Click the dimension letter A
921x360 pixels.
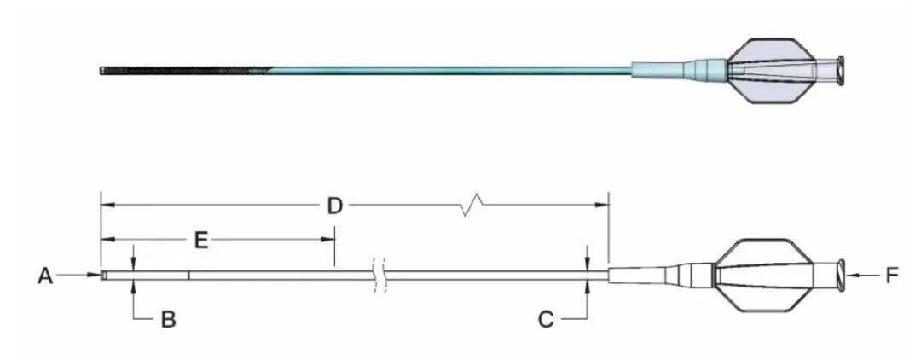pyautogui.click(x=44, y=276)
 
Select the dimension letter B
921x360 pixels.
pyautogui.click(x=169, y=319)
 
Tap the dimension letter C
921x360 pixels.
pyautogui.click(x=546, y=319)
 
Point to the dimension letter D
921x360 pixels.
pyautogui.click(x=334, y=206)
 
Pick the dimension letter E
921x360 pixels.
pyautogui.click(x=201, y=241)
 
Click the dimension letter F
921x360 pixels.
pyautogui.click(x=892, y=276)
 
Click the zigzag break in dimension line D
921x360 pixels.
pyautogui.click(x=472, y=206)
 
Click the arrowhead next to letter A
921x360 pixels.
pyautogui.click(x=94, y=274)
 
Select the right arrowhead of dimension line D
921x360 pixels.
pyautogui.click(x=601, y=205)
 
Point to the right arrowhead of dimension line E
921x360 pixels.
pyautogui.click(x=327, y=240)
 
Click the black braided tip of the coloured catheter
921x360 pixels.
pyautogui.click(x=185, y=71)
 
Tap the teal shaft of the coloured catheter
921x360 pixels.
pyautogui.click(x=451, y=71)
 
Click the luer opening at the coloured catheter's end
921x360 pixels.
pyautogui.click(x=841, y=69)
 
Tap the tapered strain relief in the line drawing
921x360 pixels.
pyautogui.click(x=662, y=275)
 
